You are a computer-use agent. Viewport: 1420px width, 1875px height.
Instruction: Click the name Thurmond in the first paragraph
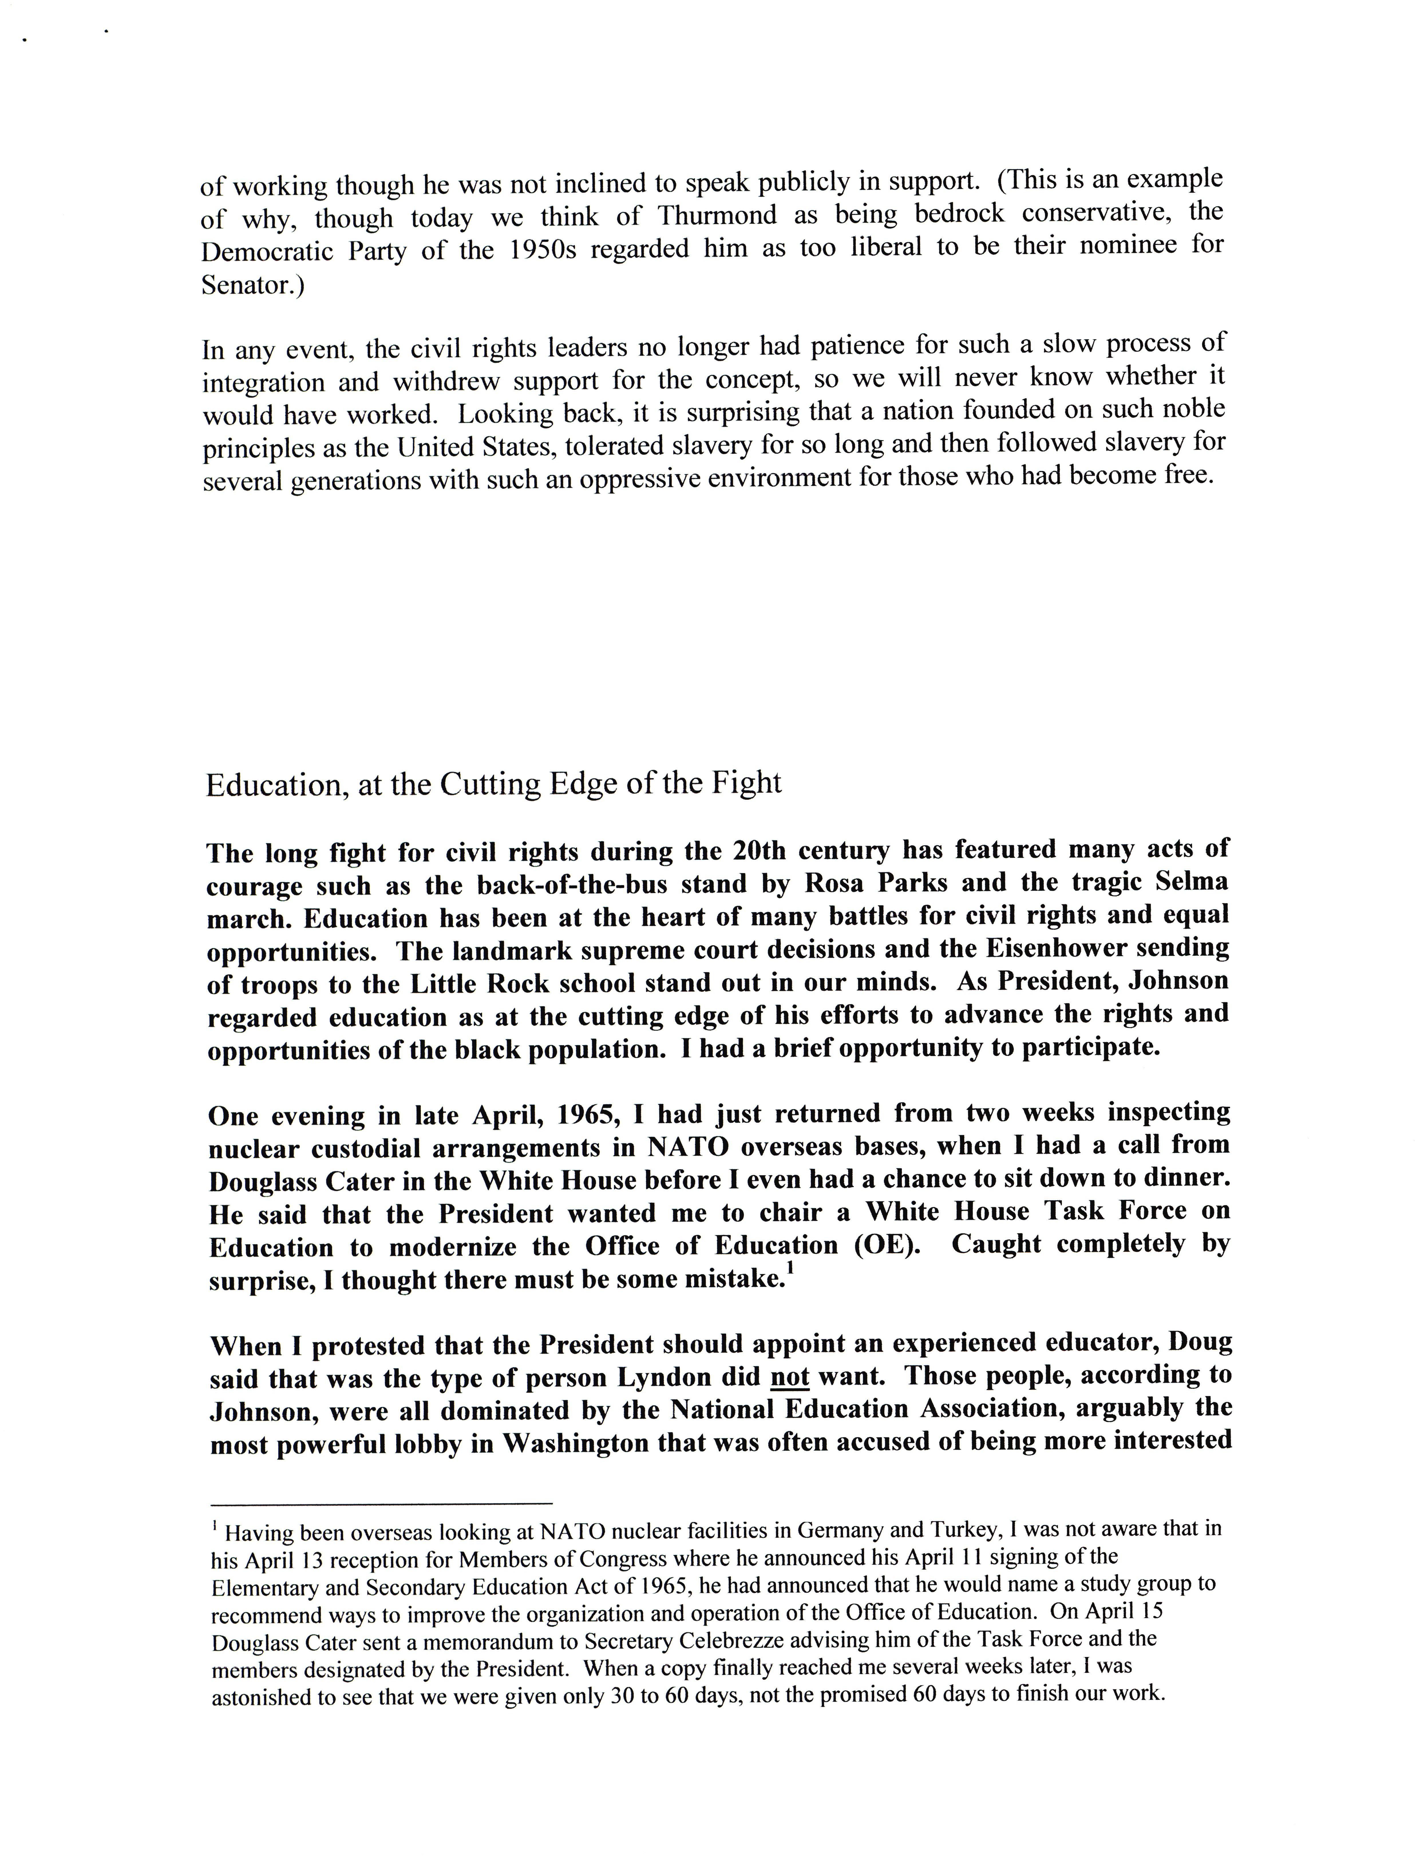click(717, 216)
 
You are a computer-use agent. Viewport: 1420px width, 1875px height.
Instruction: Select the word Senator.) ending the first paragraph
click(252, 286)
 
